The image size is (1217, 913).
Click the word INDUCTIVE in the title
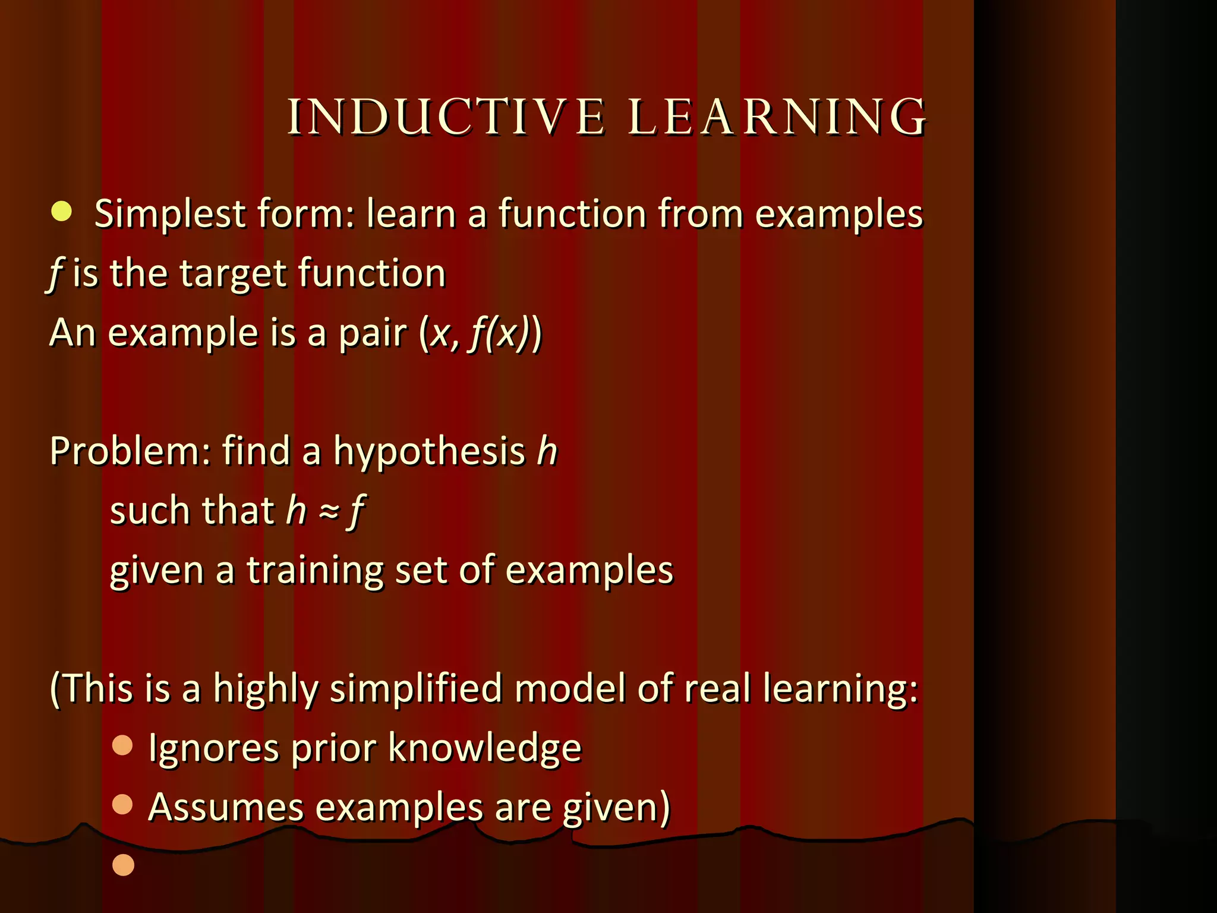pos(446,117)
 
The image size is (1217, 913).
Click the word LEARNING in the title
pos(777,117)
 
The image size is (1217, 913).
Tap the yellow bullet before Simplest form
pos(61,212)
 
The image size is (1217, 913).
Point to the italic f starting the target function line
pos(55,275)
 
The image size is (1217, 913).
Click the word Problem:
pos(130,452)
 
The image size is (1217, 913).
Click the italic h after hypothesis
pos(547,451)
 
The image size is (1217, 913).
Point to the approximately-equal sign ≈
pos(329,511)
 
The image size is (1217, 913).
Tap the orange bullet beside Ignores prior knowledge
pos(122,745)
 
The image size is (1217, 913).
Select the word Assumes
pos(226,807)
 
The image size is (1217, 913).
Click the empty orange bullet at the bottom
pos(124,865)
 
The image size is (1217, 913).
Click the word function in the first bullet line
pos(572,214)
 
